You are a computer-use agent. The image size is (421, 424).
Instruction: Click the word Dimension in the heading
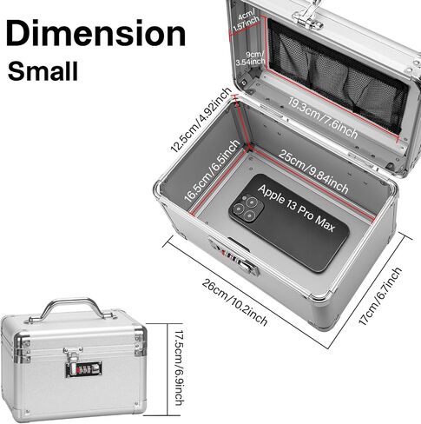point(95,32)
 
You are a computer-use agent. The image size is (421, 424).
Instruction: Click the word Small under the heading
point(43,71)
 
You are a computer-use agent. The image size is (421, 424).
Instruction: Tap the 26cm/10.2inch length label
point(234,302)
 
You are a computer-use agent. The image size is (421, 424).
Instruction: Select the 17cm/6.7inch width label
point(380,296)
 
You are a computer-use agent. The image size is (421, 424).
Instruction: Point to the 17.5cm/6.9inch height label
point(180,368)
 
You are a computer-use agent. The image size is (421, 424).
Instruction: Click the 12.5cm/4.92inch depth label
point(201,120)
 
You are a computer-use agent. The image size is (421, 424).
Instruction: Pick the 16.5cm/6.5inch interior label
point(212,171)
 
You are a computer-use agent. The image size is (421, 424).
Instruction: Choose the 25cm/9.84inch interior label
point(313,171)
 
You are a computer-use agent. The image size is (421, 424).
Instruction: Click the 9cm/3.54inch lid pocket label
point(250,58)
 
